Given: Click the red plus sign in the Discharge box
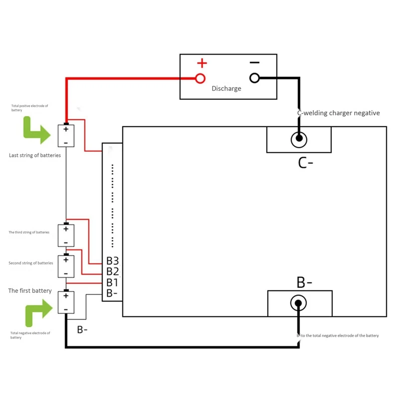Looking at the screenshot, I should [x=201, y=63].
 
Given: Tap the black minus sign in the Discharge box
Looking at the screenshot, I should [x=254, y=62].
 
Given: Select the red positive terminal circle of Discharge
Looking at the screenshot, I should [x=200, y=78].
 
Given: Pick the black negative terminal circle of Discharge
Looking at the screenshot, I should [x=254, y=78].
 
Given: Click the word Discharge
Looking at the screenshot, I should [x=226, y=89].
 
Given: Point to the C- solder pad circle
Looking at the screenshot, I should [x=299, y=140].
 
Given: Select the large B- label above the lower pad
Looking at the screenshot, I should [x=304, y=282].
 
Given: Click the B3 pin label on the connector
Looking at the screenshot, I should [x=112, y=261].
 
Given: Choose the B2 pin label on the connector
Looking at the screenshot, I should [x=112, y=272].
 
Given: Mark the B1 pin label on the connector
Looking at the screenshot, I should [x=112, y=283].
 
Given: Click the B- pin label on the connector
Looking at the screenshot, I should [x=112, y=293].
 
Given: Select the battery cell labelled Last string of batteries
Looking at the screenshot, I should [x=66, y=136].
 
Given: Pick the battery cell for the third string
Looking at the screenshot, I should [x=66, y=235].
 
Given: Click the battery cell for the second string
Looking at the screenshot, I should [x=66, y=266].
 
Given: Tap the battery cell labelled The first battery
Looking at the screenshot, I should [x=66, y=303].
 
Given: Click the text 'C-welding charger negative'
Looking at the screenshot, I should [x=338, y=113].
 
